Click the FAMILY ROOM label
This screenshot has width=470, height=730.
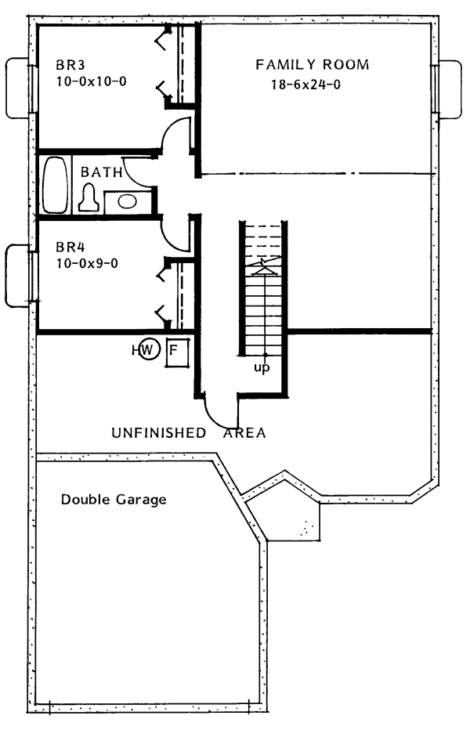312,64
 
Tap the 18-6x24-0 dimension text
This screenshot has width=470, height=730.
306,85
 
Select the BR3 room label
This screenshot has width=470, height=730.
70,64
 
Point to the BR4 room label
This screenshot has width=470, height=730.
70,246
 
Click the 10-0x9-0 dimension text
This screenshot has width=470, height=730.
87,263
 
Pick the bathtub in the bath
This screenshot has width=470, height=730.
56,185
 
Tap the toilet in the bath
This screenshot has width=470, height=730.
89,197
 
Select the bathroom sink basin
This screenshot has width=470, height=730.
127,201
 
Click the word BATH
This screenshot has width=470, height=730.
102,172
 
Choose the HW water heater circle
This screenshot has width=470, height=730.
149,349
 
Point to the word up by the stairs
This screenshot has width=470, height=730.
262,368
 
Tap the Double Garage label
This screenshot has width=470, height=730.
114,500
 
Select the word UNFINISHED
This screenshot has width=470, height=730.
159,433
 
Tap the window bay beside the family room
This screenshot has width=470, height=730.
450,89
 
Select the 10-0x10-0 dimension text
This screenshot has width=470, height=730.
92,81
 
